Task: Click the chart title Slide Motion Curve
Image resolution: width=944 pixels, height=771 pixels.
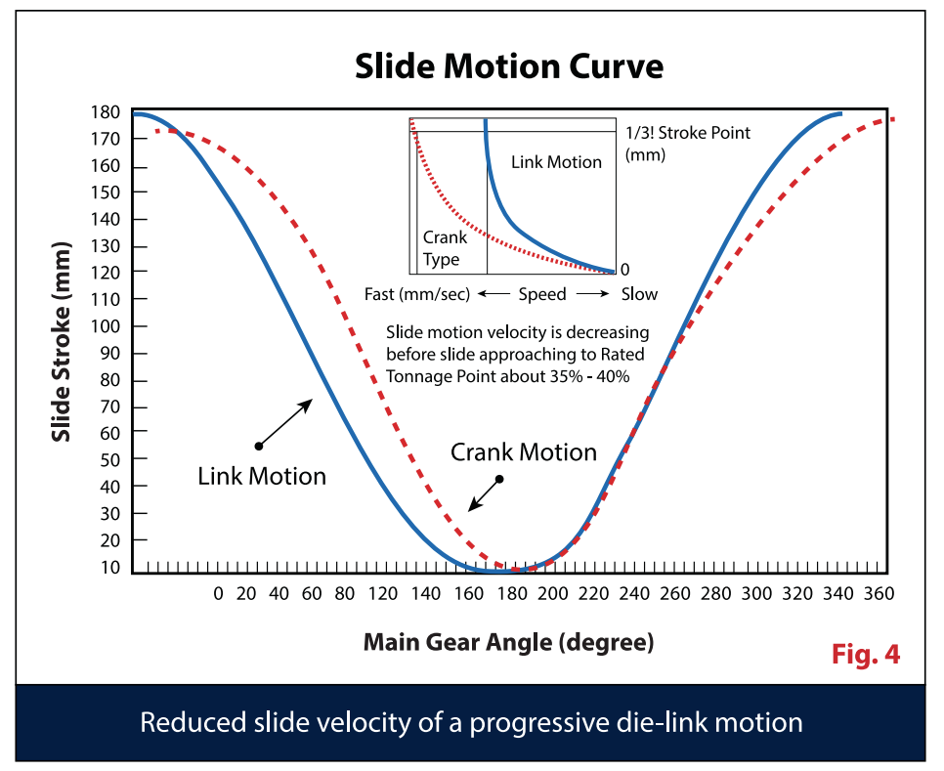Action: pos(508,67)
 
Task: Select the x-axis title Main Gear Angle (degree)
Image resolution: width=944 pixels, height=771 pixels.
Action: pos(508,642)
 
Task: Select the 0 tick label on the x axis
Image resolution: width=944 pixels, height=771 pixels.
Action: pos(218,593)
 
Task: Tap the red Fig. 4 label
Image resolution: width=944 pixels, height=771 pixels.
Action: pos(865,654)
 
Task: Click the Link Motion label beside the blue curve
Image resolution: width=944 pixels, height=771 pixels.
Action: pos(262,476)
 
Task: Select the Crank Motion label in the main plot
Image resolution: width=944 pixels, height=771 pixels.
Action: pos(524,452)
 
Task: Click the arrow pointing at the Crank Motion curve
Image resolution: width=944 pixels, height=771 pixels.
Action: pos(485,494)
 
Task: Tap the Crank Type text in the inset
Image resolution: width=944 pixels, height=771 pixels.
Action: pos(445,248)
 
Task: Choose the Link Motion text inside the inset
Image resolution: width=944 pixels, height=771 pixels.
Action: pos(556,161)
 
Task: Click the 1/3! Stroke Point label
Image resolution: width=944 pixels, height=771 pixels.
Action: pos(687,132)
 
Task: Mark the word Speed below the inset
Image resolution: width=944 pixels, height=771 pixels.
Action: pos(541,293)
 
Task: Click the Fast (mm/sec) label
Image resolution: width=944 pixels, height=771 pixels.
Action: pos(417,293)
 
